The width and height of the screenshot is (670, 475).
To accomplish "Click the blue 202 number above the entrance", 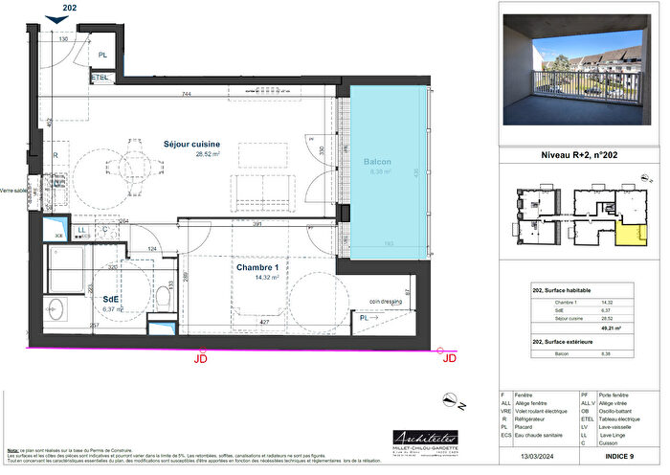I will [64, 8].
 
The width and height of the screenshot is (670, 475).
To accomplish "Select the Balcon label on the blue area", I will [377, 163].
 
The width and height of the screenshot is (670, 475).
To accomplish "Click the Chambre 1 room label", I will [256, 268].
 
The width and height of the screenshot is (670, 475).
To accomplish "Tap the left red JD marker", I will [200, 358].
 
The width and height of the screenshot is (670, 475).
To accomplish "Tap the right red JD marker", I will [447, 358].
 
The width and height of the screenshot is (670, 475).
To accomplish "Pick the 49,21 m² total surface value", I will [628, 328].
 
